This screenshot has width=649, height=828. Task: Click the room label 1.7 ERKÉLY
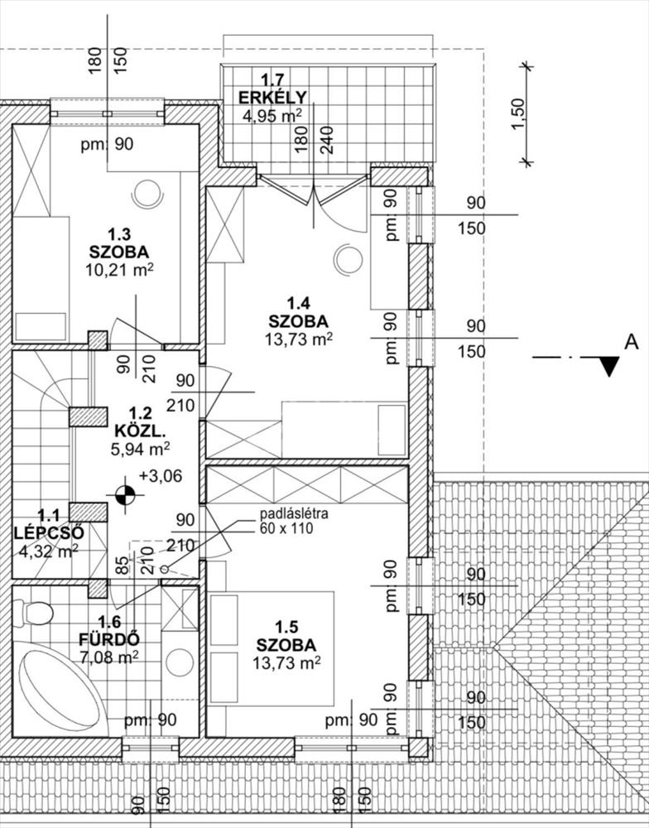point(272,89)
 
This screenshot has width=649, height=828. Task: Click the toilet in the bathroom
point(35,614)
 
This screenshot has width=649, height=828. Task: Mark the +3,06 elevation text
point(161,476)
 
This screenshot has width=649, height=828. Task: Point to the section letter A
point(632,341)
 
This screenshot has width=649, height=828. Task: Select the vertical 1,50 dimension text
point(517,113)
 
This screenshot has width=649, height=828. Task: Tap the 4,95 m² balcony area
point(272,116)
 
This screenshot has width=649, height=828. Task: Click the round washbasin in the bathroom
point(179,662)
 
